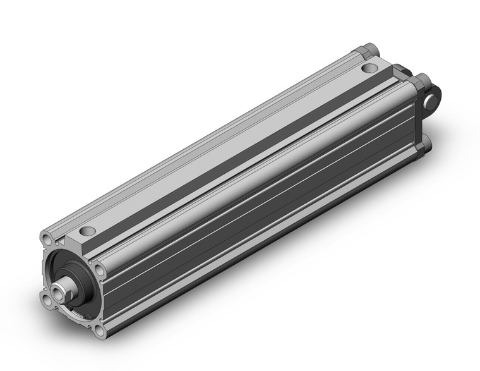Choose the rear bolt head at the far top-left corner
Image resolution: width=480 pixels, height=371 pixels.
coord(369,49)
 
